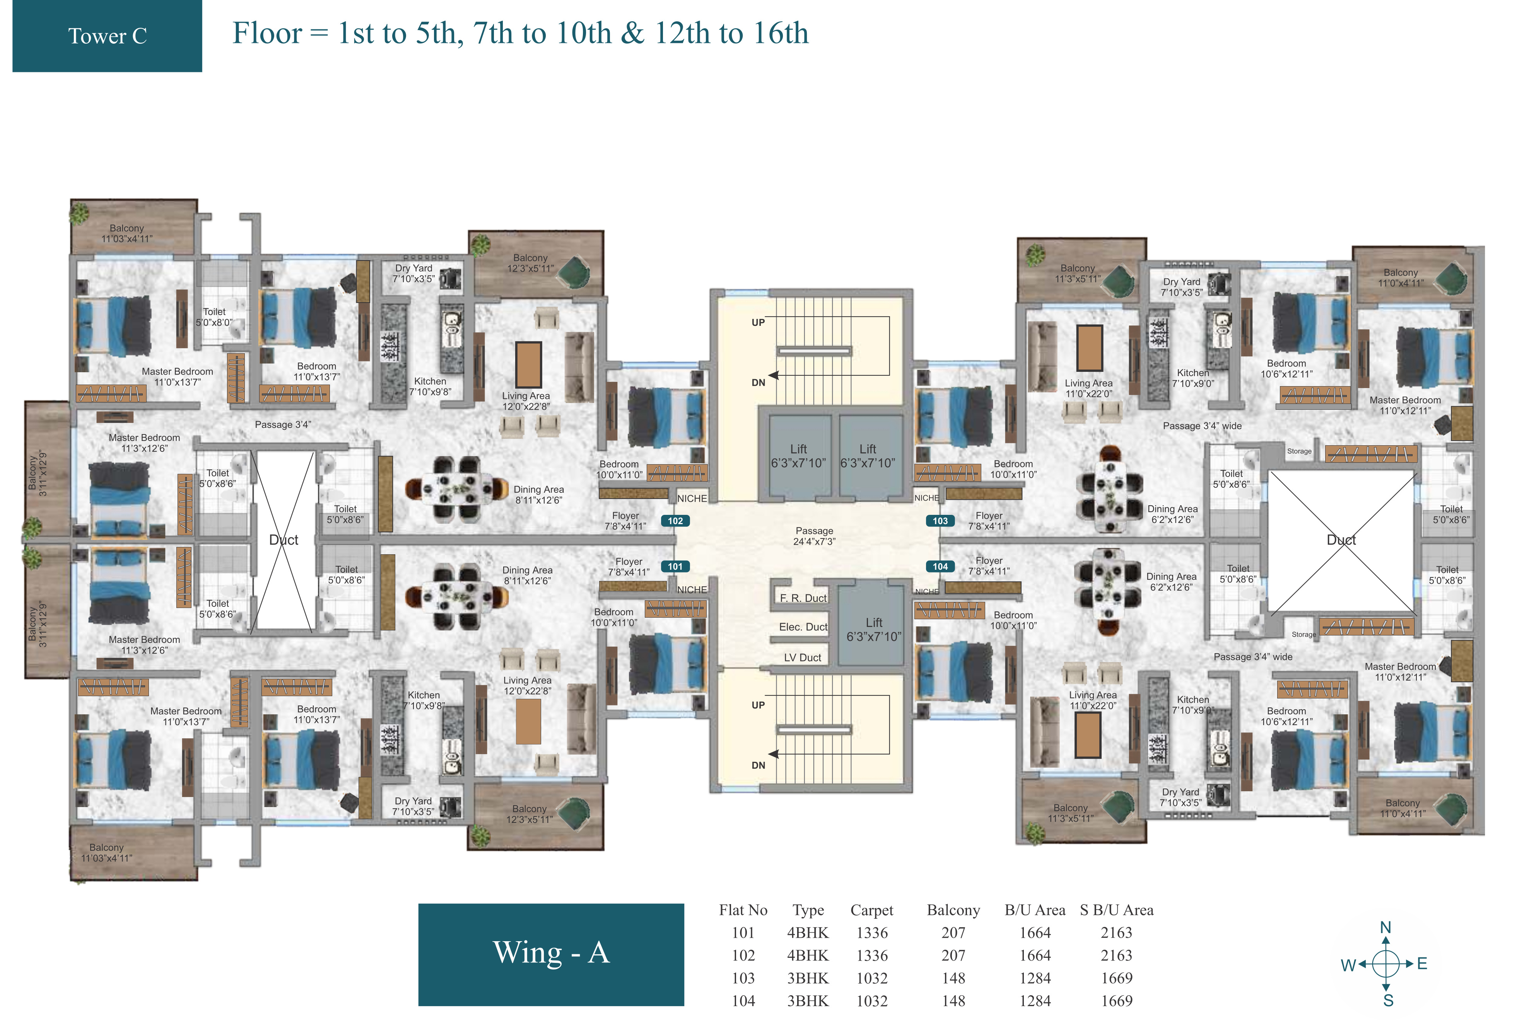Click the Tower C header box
tap(107, 36)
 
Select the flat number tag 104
tap(940, 566)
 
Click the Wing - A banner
tap(551, 954)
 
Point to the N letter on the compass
tap(1385, 927)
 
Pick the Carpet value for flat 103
tap(872, 978)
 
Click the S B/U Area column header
tap(1116, 910)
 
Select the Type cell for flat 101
tap(808, 933)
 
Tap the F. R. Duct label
tap(803, 598)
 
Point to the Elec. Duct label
tap(803, 627)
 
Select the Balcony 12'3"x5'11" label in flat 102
tap(530, 263)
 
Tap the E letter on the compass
tap(1422, 963)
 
